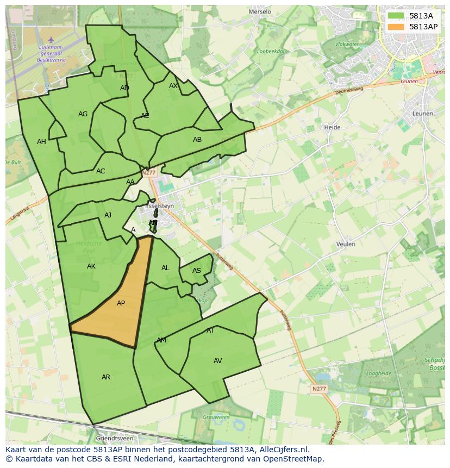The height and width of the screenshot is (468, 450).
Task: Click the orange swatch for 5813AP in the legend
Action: click(396, 27)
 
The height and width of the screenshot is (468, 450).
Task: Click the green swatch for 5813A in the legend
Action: click(396, 16)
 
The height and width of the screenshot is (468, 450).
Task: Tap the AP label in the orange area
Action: click(121, 303)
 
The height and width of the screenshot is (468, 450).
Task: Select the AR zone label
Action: click(106, 377)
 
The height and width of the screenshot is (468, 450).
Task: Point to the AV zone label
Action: click(218, 361)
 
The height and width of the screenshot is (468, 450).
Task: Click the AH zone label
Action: click(41, 142)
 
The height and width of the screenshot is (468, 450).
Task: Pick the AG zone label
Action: click(83, 114)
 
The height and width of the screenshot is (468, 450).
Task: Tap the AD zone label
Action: click(124, 88)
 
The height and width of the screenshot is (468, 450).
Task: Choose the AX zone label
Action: click(173, 86)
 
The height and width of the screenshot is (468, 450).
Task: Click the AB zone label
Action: click(197, 140)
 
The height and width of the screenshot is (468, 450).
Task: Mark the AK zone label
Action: click(91, 266)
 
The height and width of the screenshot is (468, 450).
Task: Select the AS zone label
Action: click(197, 271)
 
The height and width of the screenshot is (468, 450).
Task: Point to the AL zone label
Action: click(165, 268)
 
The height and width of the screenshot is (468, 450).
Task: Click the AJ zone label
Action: click(108, 215)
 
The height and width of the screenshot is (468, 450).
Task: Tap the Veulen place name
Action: click(346, 244)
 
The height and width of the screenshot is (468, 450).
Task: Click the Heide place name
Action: click(332, 127)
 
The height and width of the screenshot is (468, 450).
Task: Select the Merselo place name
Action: click(259, 11)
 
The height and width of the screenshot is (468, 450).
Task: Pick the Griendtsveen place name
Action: click(114, 438)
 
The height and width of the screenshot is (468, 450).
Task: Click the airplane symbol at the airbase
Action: click(51, 40)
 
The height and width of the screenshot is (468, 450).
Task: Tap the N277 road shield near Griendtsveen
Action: click(318, 389)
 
